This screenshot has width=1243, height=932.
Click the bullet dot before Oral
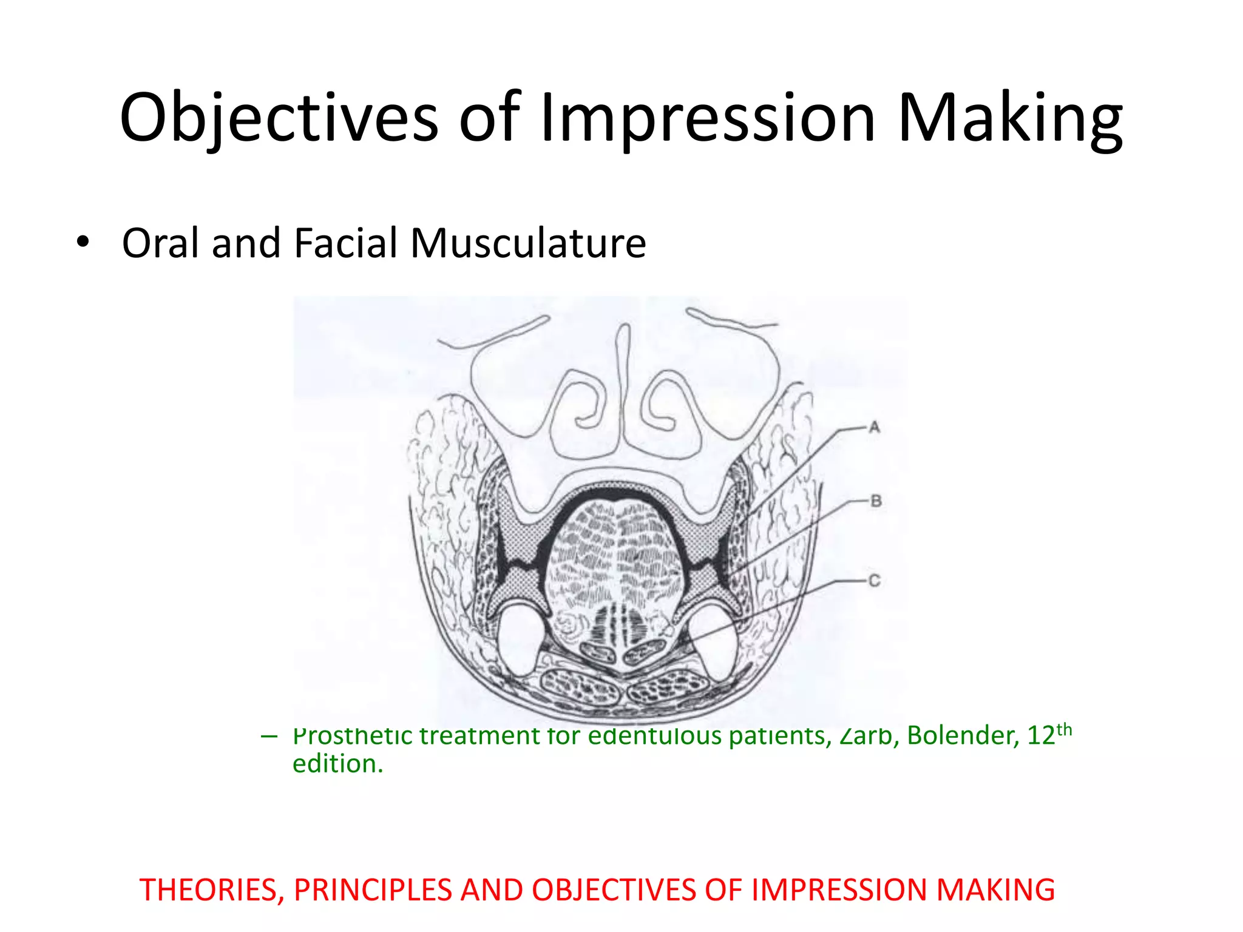83,242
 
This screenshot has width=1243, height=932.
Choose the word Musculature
528,243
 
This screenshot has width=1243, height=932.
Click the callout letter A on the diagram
874,428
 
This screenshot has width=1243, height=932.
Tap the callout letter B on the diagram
875,501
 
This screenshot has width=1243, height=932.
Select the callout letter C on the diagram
874,581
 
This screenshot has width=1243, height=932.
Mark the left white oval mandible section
521,640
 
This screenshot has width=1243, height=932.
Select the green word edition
337,764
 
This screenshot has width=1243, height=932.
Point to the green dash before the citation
268,737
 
